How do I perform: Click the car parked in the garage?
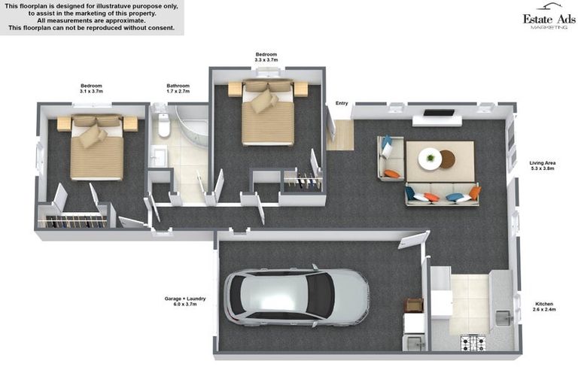[x=297, y=296]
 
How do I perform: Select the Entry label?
[x=342, y=104]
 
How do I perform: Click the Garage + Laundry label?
[x=185, y=302]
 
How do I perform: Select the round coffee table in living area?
[x=430, y=158]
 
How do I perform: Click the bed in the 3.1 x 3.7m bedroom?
[x=96, y=149]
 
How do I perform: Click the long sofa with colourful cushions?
[x=442, y=195]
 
